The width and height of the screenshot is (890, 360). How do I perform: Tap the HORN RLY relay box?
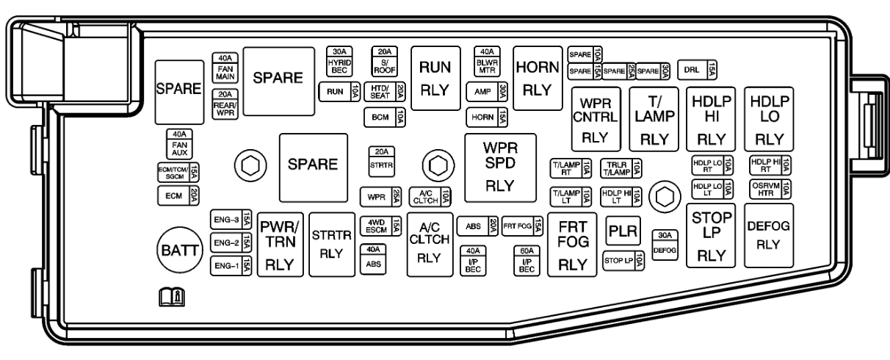click(538, 77)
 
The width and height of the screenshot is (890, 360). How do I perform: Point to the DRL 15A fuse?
click(697, 69)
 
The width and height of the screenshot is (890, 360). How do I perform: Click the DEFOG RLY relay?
click(767, 236)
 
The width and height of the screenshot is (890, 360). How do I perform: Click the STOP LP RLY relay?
click(711, 236)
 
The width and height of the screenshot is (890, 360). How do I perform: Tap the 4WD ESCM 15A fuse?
click(380, 226)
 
